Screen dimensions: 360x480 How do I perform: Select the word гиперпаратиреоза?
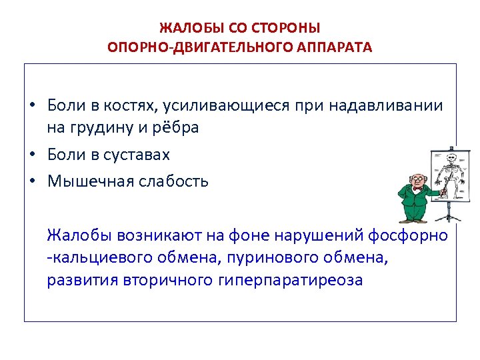(x=290, y=279)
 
